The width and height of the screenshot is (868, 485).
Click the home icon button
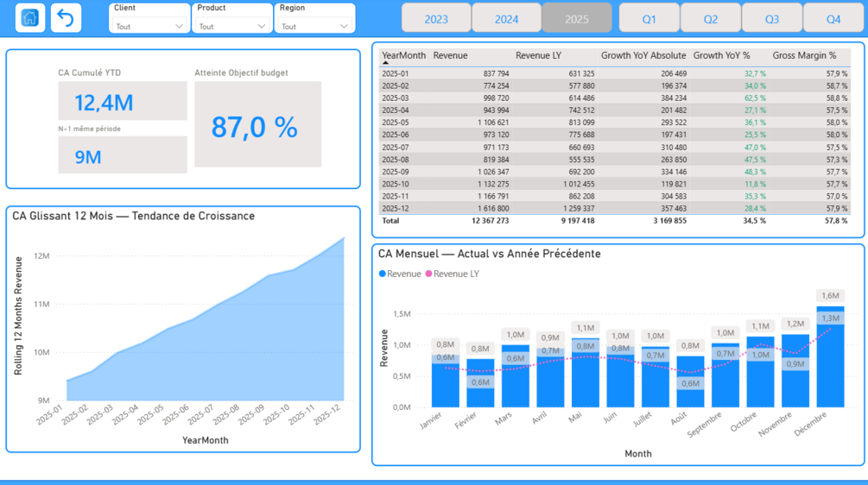(x=30, y=18)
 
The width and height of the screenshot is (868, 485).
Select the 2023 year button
(x=436, y=19)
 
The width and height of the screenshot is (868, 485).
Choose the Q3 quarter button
(x=771, y=19)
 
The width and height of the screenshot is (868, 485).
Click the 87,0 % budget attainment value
(x=255, y=127)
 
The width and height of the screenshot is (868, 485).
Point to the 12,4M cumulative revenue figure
(x=104, y=103)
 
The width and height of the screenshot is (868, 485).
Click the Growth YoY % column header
(x=721, y=55)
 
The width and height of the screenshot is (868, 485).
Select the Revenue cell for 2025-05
(x=493, y=123)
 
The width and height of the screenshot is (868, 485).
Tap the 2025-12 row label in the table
(x=395, y=209)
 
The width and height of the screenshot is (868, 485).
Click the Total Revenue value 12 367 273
(x=490, y=221)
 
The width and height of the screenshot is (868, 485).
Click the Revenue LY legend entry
(x=452, y=274)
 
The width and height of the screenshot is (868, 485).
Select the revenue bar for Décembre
(x=830, y=356)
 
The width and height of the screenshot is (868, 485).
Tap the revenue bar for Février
(x=480, y=383)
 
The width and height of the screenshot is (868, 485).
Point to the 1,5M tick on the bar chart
(x=402, y=313)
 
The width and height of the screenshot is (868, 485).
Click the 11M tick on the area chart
(x=41, y=304)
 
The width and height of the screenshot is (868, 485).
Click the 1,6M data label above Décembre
(x=830, y=296)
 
